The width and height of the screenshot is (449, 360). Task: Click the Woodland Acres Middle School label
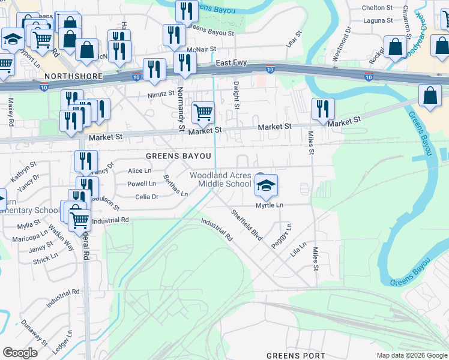(x=220, y=179)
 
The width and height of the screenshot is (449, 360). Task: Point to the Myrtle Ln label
(x=270, y=205)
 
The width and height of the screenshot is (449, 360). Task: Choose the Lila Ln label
(x=298, y=249)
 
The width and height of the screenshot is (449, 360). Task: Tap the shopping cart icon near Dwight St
(x=203, y=111)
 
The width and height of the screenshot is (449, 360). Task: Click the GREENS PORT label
(x=295, y=355)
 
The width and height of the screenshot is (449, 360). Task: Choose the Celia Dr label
(x=146, y=196)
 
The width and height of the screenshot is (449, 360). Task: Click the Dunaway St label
(x=34, y=332)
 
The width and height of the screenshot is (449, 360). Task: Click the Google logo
(x=20, y=353)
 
